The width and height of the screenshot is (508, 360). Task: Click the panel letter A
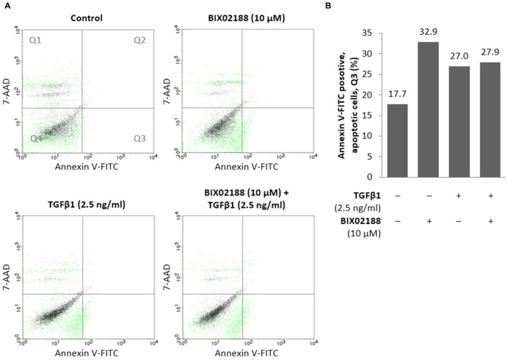[x=5, y=5]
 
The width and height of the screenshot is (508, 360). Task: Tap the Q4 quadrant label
[x=36, y=139]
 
